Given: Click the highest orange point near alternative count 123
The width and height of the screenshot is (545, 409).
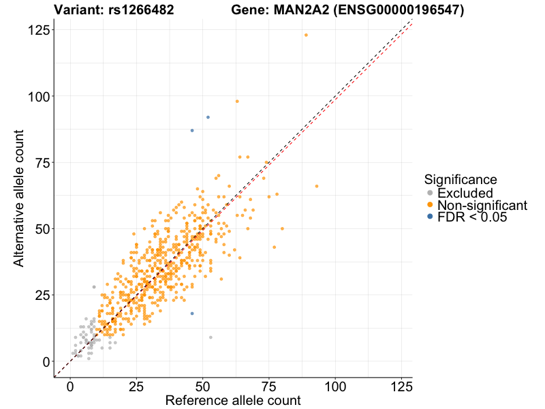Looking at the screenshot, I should point(306,35).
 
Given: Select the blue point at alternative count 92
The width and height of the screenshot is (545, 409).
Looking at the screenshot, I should point(208,117).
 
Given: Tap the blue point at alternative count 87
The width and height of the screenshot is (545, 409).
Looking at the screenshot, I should point(192,130).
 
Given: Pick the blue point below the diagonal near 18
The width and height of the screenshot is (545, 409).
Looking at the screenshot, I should point(192,314).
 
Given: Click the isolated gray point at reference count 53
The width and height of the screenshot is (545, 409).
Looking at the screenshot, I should point(211,337).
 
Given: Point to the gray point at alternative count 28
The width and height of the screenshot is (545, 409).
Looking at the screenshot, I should point(94,287).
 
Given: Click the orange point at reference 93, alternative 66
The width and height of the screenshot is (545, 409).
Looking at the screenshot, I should point(317,186).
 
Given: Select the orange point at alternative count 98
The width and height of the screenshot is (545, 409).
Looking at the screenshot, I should point(237,102).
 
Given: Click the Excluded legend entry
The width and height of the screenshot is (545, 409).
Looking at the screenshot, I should point(465,194).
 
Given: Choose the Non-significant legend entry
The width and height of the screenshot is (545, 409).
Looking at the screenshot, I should point(482,205).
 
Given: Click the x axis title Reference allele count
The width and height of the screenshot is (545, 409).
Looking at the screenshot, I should point(233,401).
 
